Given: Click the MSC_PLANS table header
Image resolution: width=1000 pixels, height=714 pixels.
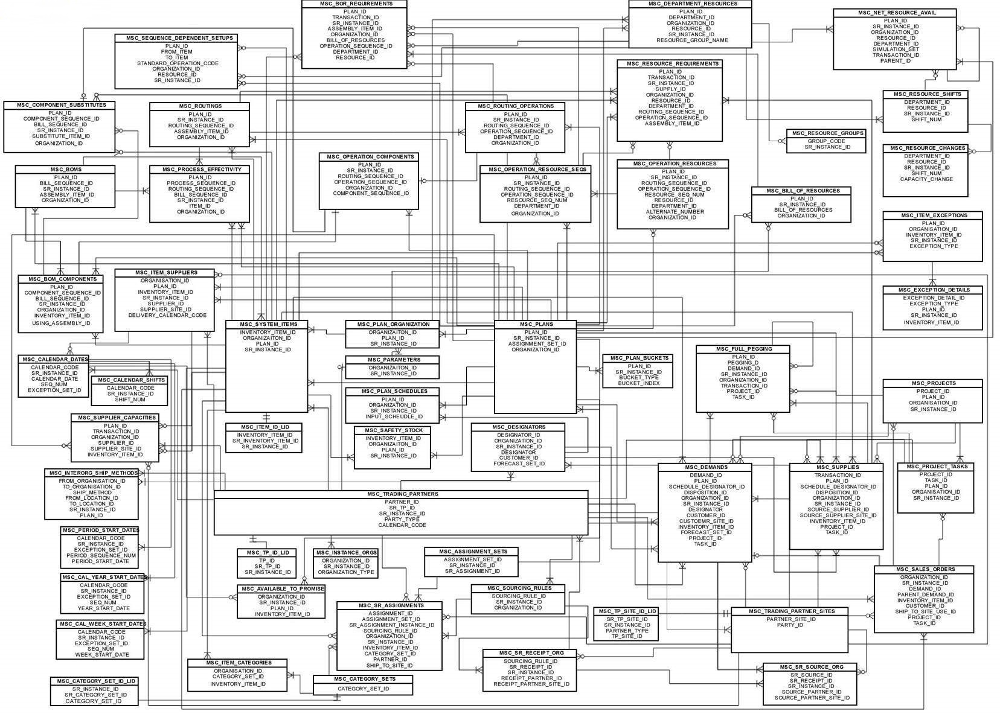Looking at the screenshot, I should pos(535,324).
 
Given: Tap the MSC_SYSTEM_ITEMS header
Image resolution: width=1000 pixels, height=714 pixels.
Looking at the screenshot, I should pos(266,324).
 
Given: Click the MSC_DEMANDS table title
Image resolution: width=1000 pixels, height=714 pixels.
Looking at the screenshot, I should pos(705,467).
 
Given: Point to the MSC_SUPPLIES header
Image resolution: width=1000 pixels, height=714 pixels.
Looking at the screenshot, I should pos(837,467).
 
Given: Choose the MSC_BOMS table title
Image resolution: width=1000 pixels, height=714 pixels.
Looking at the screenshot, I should pos(66,170).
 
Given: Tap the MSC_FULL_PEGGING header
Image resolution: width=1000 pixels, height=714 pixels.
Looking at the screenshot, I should pos(743,349).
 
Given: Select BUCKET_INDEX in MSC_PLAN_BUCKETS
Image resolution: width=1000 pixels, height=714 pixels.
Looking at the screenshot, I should pos(639,383).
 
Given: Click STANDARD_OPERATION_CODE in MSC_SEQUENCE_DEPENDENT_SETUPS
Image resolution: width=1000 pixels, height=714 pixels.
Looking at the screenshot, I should pos(177,63).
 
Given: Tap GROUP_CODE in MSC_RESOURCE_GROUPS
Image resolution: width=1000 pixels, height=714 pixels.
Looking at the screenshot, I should pos(826,141).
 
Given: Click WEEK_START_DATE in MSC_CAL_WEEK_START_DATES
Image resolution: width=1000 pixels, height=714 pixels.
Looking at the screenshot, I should pos(102,654).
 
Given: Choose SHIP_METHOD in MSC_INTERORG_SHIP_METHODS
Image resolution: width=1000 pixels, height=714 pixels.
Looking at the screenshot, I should pos(92,492).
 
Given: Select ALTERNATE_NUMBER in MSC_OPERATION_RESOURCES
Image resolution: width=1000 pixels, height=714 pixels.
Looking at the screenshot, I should pos(674,212).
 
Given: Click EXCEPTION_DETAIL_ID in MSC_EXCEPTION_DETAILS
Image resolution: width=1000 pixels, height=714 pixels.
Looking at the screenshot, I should pos(934,298).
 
